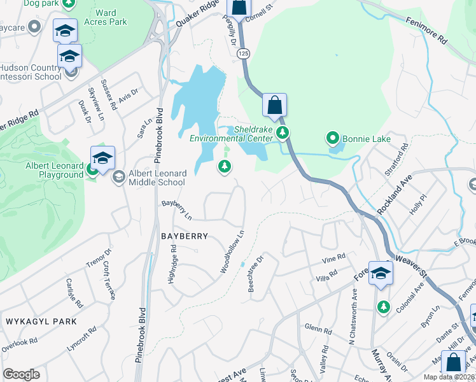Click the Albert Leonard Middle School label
[x=157, y=178]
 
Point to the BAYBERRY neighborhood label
[x=185, y=236]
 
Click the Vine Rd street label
[x=333, y=259]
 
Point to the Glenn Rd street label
[x=318, y=330]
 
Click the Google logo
[x=22, y=374]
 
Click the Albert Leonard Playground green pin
[x=92, y=169]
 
